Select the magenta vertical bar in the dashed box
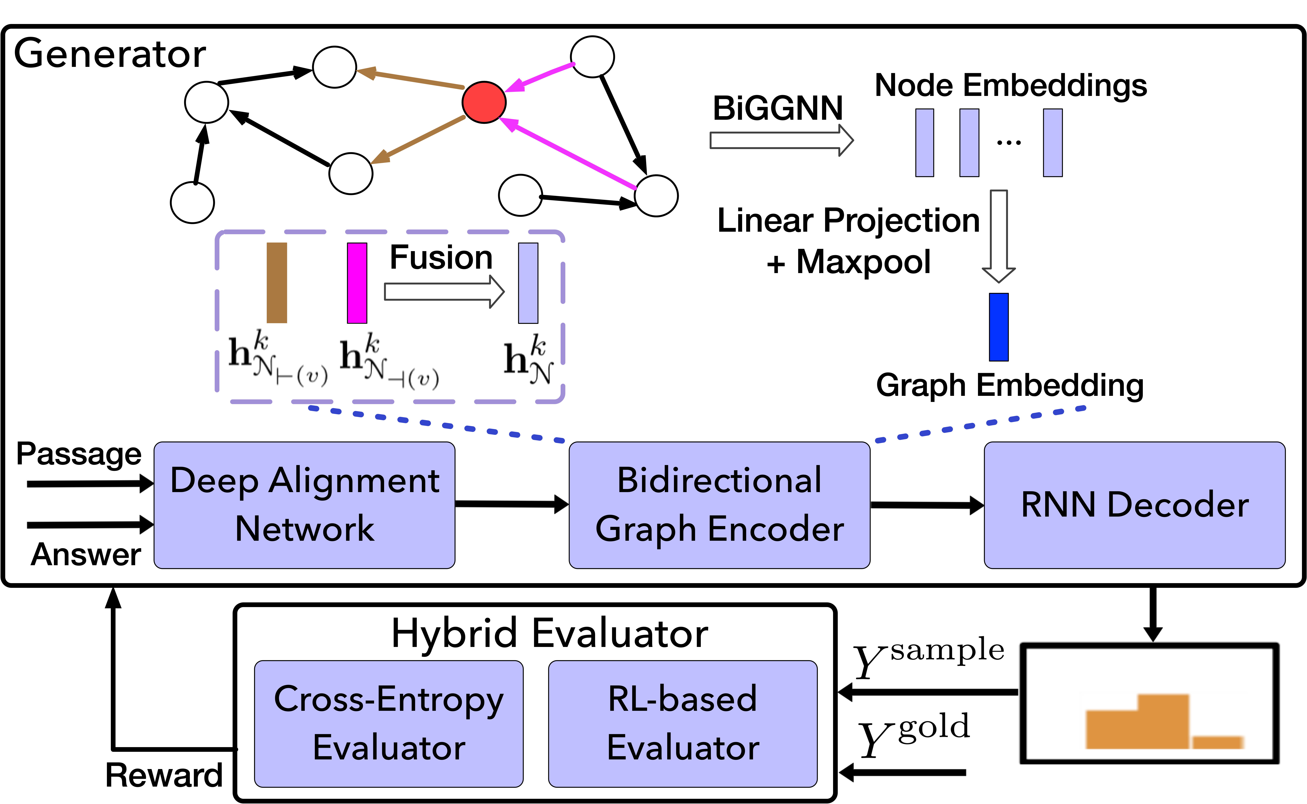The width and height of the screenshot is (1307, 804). point(357,283)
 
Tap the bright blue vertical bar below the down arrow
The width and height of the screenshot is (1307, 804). point(999,327)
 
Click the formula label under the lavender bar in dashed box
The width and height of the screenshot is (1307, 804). point(529,358)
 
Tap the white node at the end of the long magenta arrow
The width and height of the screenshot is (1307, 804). point(656,196)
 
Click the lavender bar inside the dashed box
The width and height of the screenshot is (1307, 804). point(528,283)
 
